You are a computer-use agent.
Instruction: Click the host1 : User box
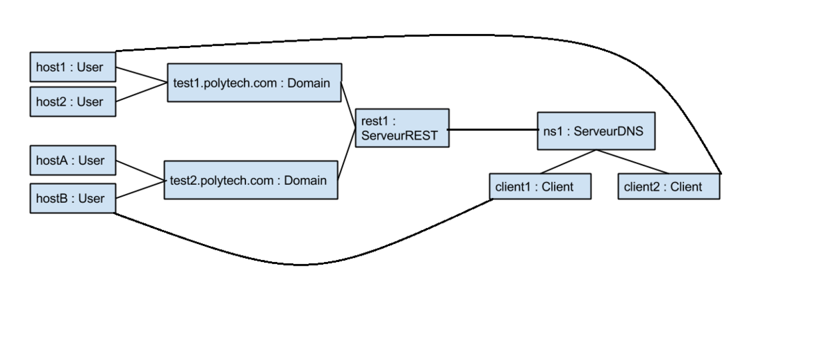point(72,69)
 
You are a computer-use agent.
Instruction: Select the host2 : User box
point(72,101)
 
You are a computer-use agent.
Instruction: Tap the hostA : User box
point(72,161)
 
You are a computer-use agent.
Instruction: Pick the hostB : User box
point(72,198)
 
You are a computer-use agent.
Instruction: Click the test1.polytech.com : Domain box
point(254,83)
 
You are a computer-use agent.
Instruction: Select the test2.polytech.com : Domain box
point(250,180)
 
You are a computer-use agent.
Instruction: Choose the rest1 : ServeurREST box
point(401,128)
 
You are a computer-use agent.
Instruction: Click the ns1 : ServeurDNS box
point(596,130)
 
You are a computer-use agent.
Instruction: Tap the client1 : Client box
point(540,186)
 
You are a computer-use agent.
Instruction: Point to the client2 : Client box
point(669,186)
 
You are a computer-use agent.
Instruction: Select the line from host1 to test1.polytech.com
point(141,75)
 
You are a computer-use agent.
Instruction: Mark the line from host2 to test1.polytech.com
point(141,92)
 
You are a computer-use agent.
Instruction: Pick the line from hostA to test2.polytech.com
point(139,170)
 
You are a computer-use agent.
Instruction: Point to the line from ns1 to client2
point(632,161)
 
